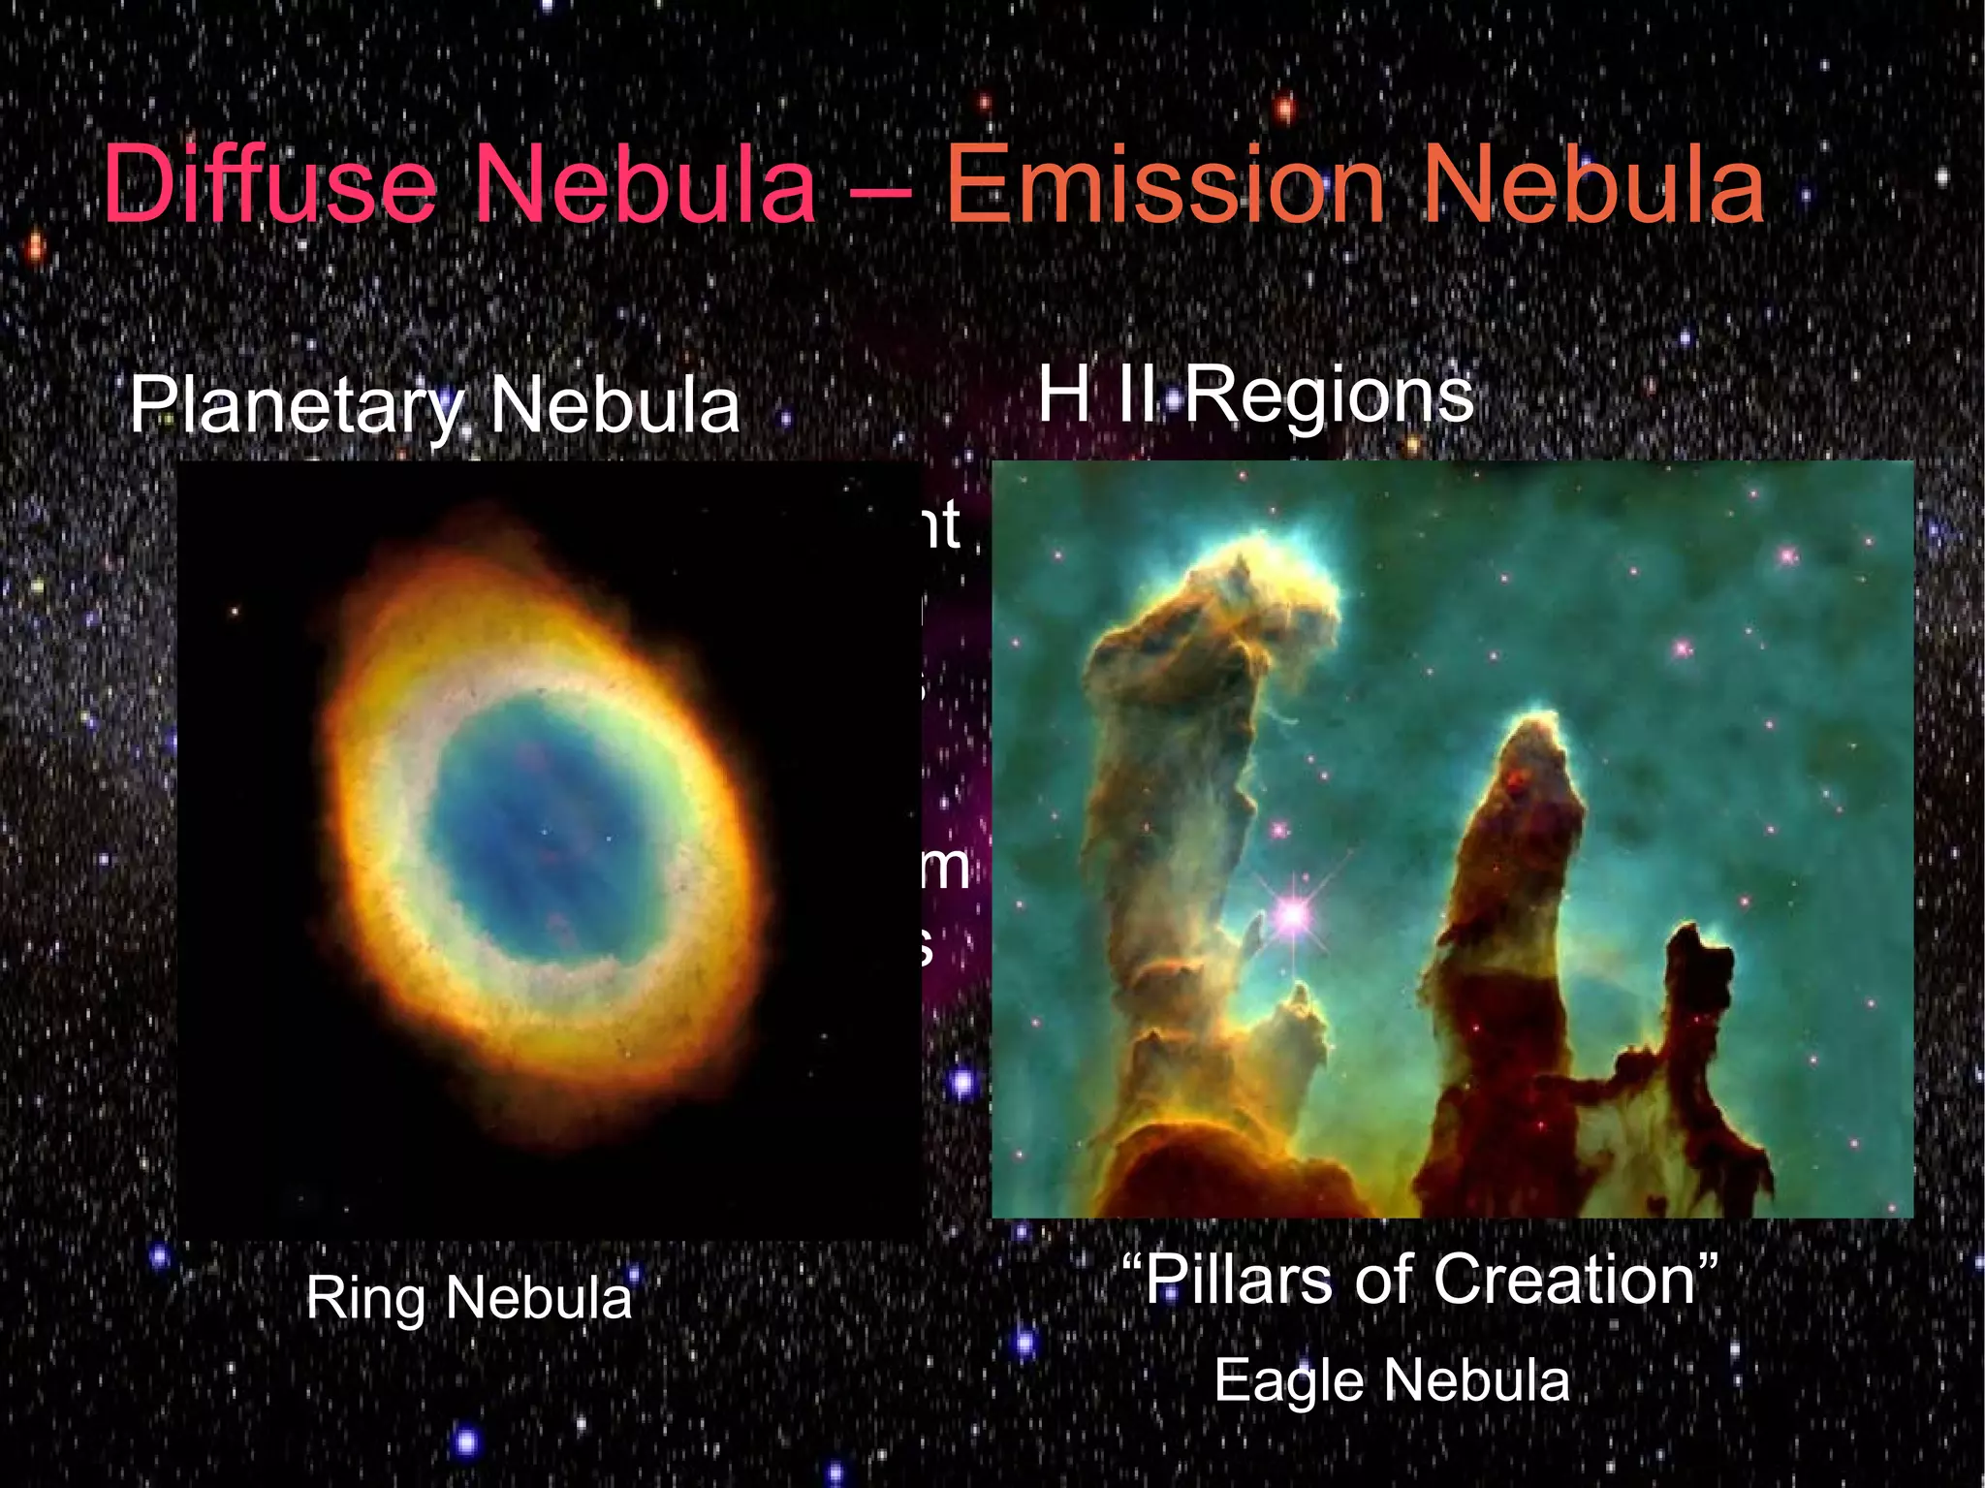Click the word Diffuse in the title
point(269,184)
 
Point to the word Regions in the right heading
point(1329,396)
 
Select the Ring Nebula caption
point(468,1297)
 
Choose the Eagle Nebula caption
point(1392,1379)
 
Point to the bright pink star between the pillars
point(1292,913)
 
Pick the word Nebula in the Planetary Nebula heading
point(614,405)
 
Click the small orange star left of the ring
point(235,612)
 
